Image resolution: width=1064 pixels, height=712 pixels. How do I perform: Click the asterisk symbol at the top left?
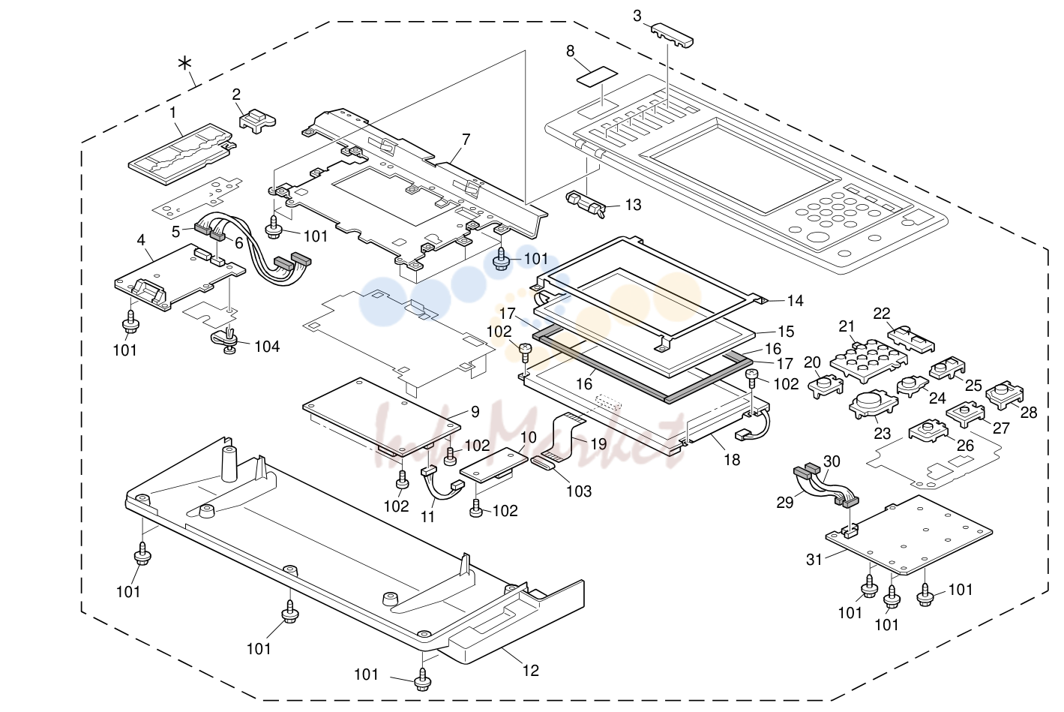184,63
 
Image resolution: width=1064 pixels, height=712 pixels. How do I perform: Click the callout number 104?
267,347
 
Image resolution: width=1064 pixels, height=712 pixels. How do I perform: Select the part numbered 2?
257,121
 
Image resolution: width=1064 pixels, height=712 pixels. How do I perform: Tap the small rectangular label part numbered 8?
597,77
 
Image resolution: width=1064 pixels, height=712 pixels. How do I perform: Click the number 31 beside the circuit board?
814,560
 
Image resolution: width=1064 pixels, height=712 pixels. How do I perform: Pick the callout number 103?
579,491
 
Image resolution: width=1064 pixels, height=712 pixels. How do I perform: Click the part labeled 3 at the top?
672,36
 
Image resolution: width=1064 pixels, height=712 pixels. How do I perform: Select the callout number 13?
633,205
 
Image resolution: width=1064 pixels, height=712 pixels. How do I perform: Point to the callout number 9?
475,412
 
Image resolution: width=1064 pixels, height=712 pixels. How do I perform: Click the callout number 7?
466,140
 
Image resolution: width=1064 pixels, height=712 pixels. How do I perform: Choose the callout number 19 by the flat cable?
598,444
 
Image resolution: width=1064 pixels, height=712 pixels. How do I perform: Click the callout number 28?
1028,412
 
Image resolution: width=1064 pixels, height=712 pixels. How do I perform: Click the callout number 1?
173,113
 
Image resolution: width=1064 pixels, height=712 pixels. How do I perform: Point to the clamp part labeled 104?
227,341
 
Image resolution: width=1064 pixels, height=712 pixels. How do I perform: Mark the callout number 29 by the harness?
785,503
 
